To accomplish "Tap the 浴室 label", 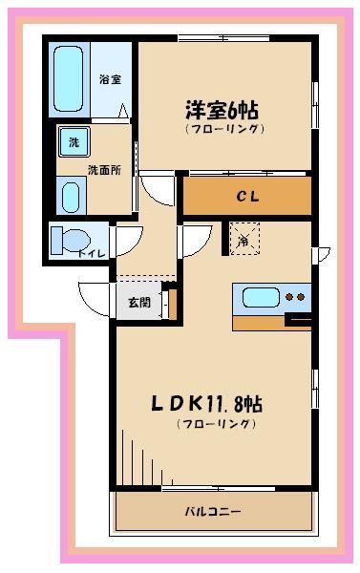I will tap(110, 80).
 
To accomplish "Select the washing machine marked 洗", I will tap(72, 143).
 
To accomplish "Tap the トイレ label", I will tap(92, 254).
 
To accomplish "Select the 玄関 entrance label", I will tap(138, 303).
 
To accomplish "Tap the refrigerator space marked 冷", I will tap(243, 239).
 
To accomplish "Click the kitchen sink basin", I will tap(260, 297).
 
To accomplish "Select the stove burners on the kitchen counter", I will tap(296, 297).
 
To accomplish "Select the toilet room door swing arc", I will tap(129, 239).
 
